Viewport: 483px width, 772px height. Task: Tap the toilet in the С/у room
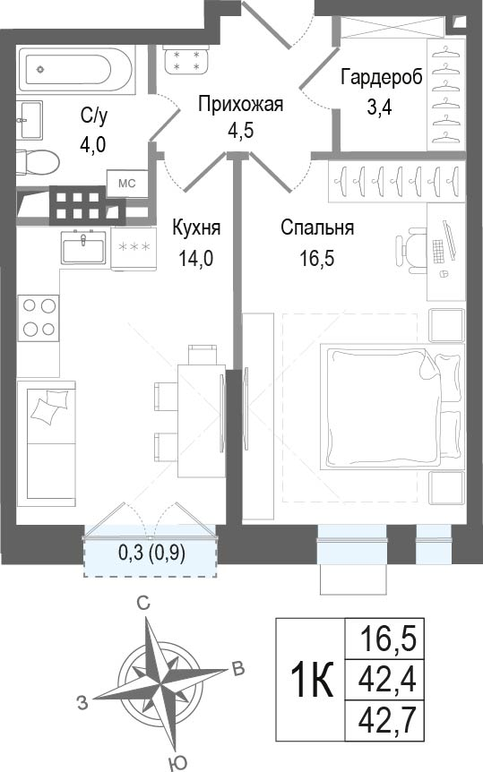[x=38, y=161]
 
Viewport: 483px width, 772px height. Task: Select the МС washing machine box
[x=127, y=184]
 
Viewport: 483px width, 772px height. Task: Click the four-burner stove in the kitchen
[x=39, y=318]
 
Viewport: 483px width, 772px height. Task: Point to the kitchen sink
[x=83, y=247]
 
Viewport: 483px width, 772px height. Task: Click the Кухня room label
[x=196, y=228]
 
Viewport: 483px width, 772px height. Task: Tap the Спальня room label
[x=317, y=228]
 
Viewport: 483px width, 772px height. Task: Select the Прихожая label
[x=240, y=105]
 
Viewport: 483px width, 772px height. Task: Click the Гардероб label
[x=382, y=79]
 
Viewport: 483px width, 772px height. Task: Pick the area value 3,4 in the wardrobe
[x=380, y=107]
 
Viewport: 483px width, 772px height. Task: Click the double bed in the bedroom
[x=392, y=407]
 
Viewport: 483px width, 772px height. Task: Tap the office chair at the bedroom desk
[x=411, y=250]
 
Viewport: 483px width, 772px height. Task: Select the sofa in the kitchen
[x=47, y=443]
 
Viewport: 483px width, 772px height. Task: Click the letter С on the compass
[x=143, y=604]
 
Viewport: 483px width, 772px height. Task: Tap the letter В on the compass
[x=238, y=669]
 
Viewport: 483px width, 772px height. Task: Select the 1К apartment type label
[x=313, y=680]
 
